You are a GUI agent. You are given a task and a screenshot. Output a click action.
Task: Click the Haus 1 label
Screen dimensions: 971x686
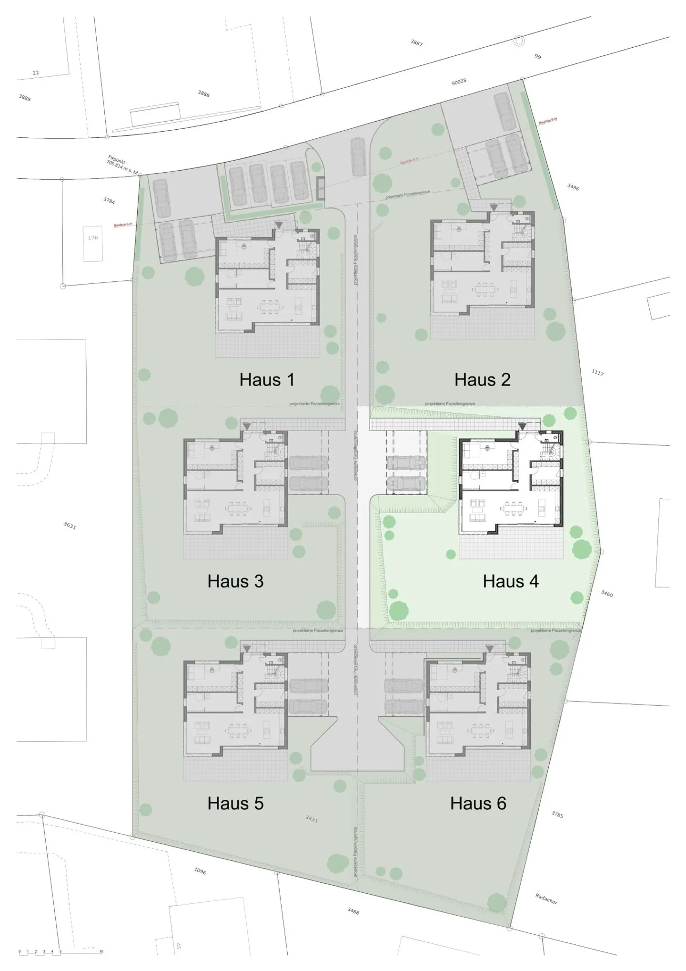[x=267, y=380]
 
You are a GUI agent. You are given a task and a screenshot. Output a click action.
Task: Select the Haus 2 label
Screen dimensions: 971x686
[x=482, y=380]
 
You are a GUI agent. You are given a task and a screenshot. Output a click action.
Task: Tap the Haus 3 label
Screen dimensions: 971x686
[x=235, y=581]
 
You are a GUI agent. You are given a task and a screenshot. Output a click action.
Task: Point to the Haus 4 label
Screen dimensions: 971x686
[x=511, y=581]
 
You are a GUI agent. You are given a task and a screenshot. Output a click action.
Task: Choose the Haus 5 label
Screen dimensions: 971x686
[x=235, y=803]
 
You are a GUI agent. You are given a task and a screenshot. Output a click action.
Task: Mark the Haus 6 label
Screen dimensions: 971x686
[x=478, y=803]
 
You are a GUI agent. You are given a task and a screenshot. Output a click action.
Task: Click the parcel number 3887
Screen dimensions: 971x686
[x=416, y=43]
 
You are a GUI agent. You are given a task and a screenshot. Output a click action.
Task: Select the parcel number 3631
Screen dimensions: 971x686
[x=70, y=526]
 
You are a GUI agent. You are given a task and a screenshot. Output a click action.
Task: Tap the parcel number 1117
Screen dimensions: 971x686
[x=597, y=372]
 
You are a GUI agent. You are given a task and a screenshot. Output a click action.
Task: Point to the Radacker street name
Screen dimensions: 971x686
[x=546, y=899]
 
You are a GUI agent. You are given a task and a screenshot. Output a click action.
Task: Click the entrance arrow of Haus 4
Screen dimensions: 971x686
[x=523, y=426]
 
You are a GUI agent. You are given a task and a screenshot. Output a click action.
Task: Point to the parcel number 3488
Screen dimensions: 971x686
[x=353, y=911]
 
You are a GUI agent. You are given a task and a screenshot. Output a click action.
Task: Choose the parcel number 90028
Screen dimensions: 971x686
[x=459, y=82]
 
